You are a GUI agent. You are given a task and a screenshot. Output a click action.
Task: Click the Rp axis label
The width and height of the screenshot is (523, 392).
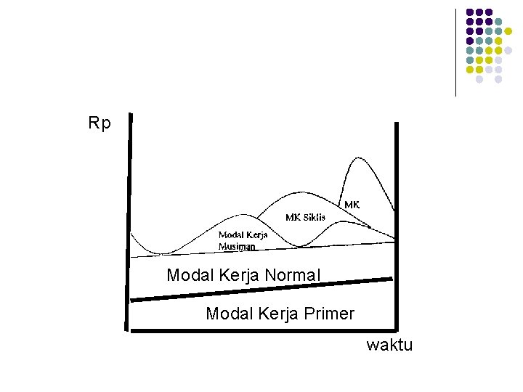[x=100, y=123]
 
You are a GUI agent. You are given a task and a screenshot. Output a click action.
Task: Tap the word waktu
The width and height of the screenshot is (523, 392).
[x=389, y=345]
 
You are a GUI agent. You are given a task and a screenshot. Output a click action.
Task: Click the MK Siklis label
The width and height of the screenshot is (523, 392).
[x=305, y=217]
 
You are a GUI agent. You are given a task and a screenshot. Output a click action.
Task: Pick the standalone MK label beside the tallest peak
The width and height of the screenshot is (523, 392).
[x=352, y=205]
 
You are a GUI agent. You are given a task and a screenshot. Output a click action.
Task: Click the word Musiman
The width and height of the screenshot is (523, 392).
[x=237, y=246]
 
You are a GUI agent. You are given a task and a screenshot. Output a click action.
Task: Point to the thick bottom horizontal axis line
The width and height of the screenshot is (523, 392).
[x=261, y=331]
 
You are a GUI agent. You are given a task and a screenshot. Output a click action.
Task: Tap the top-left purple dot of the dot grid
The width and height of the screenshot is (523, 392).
[x=470, y=12]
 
